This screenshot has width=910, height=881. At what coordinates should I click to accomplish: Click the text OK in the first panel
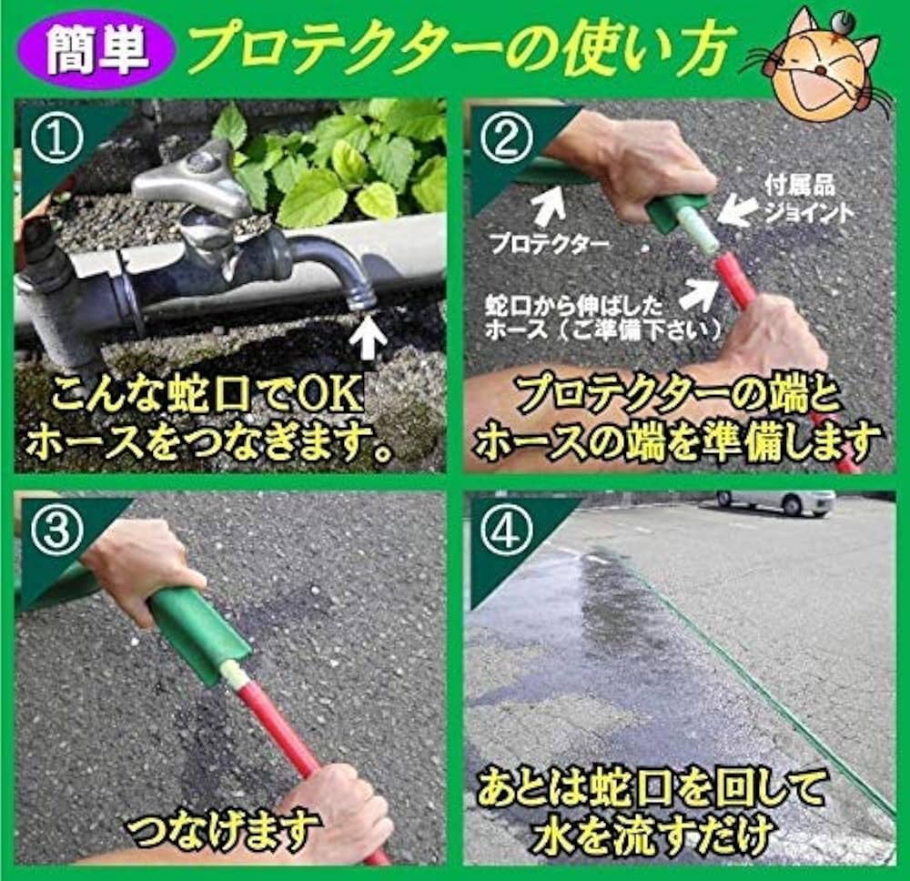click(331, 397)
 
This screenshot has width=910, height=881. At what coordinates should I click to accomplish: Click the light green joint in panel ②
click(702, 232)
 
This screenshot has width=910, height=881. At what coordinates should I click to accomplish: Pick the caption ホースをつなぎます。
click(209, 441)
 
